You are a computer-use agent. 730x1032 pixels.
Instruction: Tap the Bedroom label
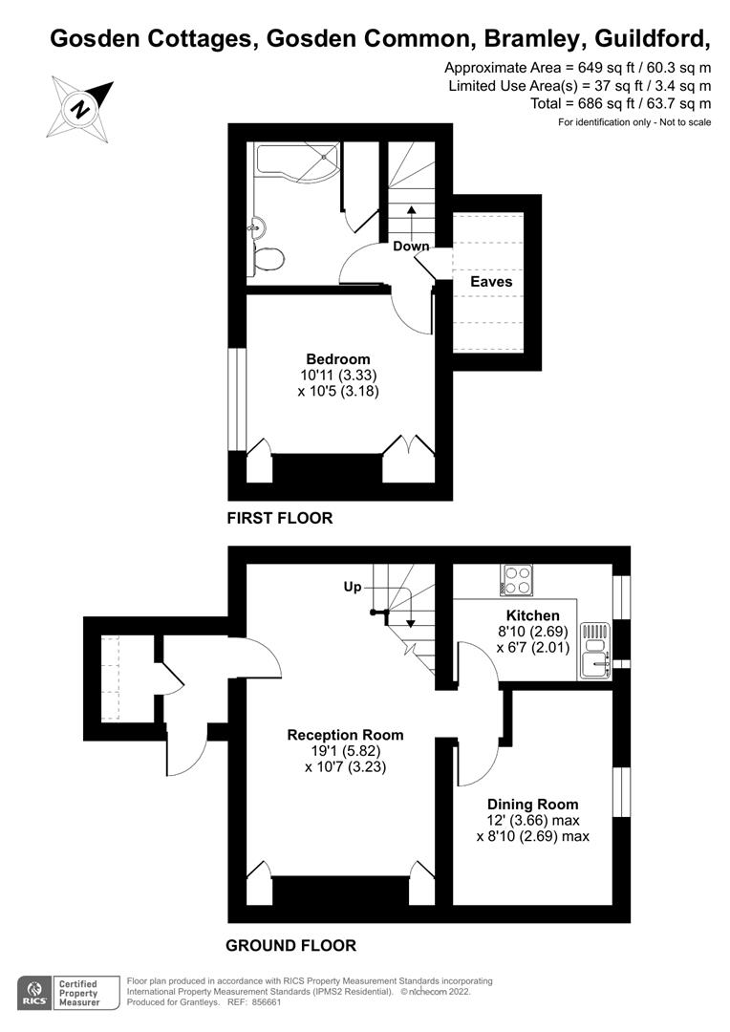click(x=337, y=359)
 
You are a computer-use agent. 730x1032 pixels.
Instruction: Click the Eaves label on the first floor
click(x=491, y=282)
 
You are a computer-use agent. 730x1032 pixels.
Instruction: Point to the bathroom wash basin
click(x=257, y=227)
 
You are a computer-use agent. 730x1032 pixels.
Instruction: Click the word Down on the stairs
click(x=411, y=247)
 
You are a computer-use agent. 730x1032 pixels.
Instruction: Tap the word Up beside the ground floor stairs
click(x=353, y=587)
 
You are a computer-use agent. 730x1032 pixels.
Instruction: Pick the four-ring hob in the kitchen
click(x=516, y=581)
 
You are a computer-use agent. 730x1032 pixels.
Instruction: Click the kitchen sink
click(x=595, y=652)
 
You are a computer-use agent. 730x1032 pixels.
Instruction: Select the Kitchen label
click(x=532, y=616)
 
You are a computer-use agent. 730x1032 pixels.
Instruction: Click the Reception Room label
click(x=345, y=735)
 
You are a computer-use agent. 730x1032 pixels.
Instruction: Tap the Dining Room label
click(x=532, y=805)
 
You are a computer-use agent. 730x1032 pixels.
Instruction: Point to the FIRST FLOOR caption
click(x=280, y=519)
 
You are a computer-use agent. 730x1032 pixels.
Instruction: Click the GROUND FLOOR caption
click(x=290, y=946)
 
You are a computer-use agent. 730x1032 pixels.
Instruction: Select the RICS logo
click(x=34, y=993)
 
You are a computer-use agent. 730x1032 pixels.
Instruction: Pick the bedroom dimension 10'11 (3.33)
click(x=337, y=376)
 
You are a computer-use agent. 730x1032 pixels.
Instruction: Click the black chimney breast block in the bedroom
click(x=328, y=468)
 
